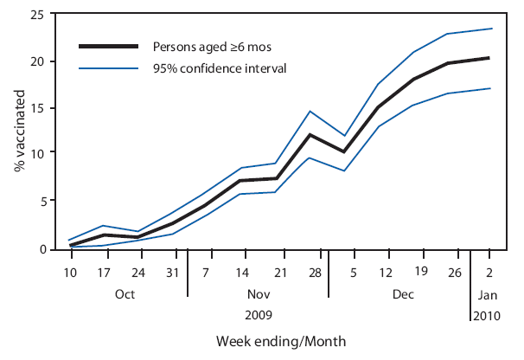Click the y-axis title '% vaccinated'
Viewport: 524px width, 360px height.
19,132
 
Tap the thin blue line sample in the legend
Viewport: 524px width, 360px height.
108,67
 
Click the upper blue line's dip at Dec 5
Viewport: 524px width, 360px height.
345,136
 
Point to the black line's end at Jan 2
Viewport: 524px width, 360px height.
489,58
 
